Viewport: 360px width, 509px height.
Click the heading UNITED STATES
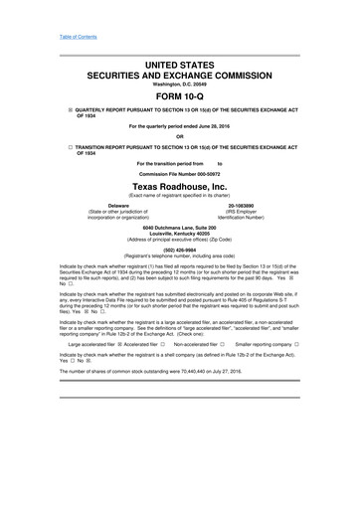tap(180, 65)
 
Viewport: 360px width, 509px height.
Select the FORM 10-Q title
tap(180, 97)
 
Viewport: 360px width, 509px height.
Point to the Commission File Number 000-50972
tap(180, 172)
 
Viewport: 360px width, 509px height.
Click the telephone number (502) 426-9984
tap(180, 250)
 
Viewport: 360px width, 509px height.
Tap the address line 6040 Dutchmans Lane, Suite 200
tap(180, 228)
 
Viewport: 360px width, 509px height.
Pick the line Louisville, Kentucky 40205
tap(180, 235)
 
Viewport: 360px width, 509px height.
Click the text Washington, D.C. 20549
tap(180, 85)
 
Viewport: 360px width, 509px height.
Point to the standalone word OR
tap(180, 136)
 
